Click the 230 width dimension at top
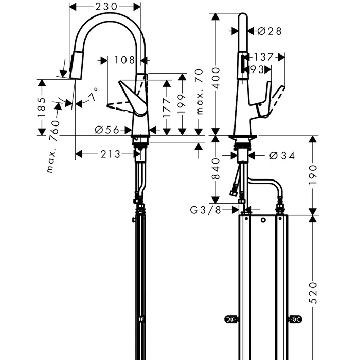point(105,7)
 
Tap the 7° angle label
point(93,96)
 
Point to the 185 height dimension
point(42,107)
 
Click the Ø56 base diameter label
point(107,130)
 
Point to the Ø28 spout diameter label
point(269,31)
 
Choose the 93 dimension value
point(258,69)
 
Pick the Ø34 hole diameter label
point(282,156)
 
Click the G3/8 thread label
point(206,210)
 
